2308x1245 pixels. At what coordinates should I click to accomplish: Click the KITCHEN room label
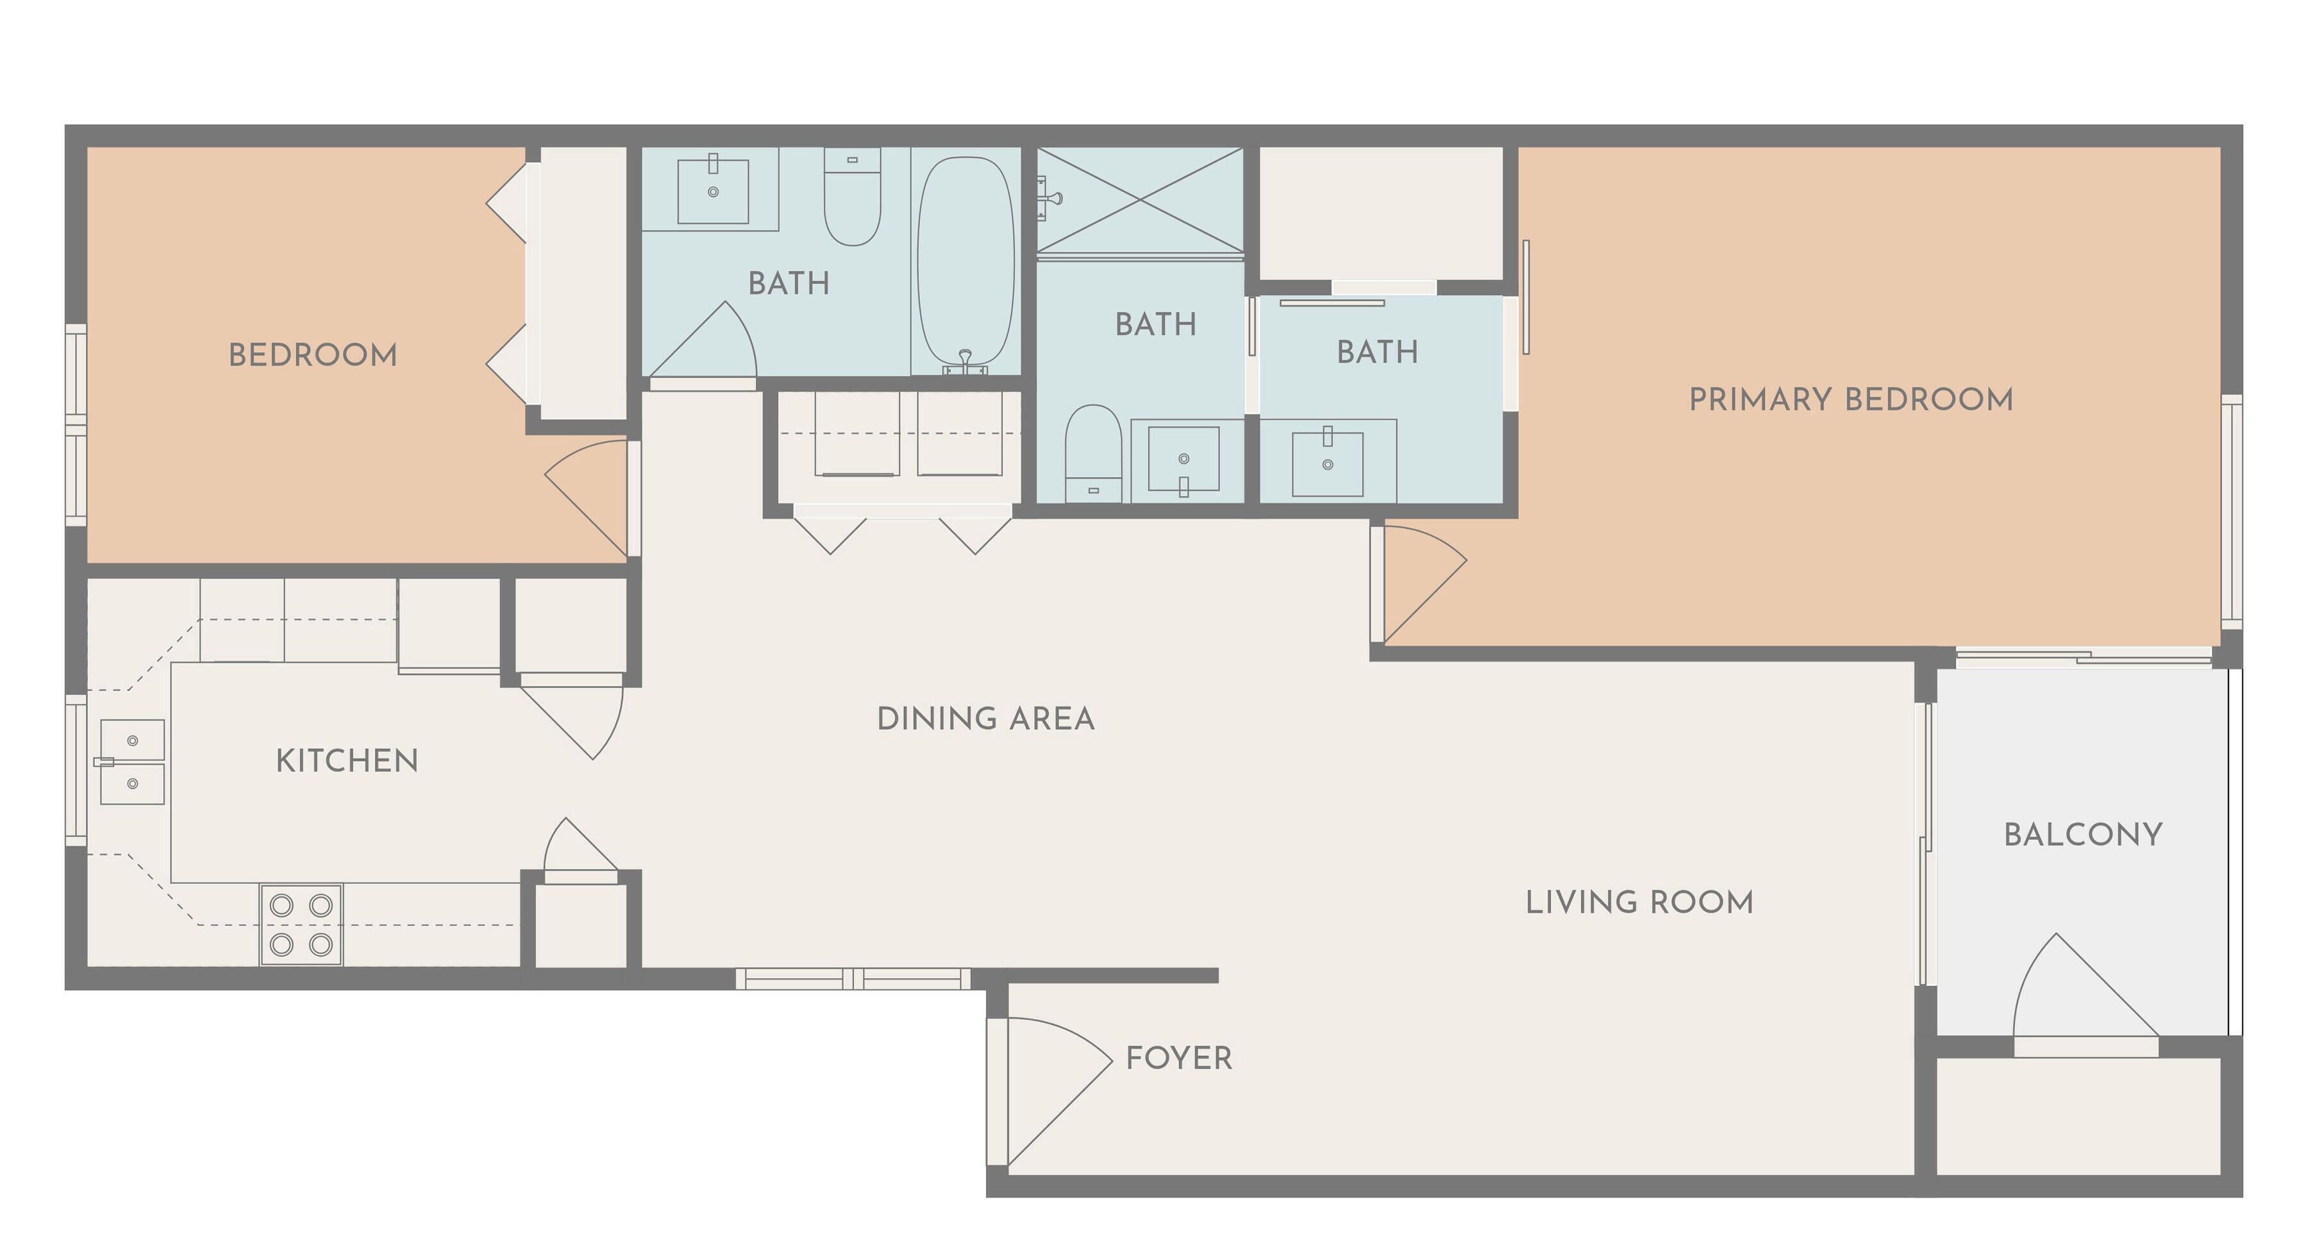coord(347,760)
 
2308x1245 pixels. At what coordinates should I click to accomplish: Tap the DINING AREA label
coord(985,718)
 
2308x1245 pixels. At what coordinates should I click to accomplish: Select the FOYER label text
coord(1179,1058)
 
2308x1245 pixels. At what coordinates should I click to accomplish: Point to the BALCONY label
coord(2083,835)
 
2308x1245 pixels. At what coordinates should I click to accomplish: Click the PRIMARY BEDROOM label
coord(1851,399)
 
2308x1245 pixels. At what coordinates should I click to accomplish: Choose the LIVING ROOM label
coord(1639,902)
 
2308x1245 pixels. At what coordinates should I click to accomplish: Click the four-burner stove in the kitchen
coord(301,925)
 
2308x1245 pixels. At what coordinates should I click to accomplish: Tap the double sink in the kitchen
coord(131,762)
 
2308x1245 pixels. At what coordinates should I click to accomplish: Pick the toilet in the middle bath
coord(1093,453)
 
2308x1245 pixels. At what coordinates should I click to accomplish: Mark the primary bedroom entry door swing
coord(1425,582)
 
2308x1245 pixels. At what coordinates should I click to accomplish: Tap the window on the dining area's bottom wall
coord(853,978)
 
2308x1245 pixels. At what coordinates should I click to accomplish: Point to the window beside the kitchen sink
coord(76,771)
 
